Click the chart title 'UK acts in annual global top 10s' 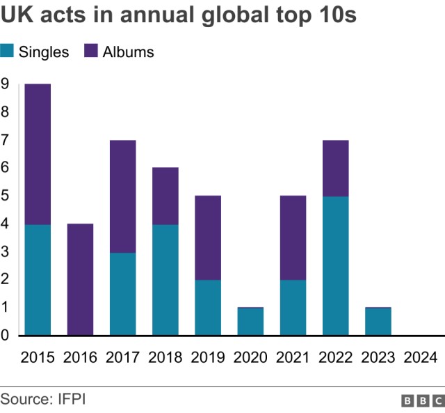coord(179,16)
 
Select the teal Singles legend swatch coord(8,52)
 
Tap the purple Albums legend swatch coord(91,52)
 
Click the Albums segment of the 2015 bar coord(38,154)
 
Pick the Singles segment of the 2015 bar coord(38,279)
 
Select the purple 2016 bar coord(80,279)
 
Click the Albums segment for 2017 coord(122,196)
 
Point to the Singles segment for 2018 coord(165,279)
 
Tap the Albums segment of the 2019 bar coord(208,237)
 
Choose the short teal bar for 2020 coord(250,322)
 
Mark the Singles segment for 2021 coord(293,307)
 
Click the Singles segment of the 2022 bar coord(335,265)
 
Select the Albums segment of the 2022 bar coord(335,168)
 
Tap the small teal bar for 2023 coord(378,322)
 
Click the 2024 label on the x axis coord(421,357)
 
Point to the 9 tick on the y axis coord(5,84)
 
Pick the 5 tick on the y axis coord(5,196)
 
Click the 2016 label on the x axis coord(80,357)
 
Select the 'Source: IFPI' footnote coord(43,399)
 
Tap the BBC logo coord(423,400)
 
